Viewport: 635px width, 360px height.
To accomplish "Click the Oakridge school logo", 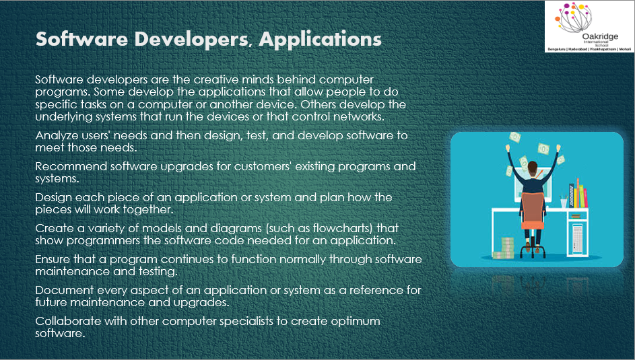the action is coord(589,27).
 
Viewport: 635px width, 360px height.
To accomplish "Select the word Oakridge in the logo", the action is coord(600,36).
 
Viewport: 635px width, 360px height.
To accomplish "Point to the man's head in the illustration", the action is coord(533,167).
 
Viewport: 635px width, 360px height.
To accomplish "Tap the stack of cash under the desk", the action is coord(504,248).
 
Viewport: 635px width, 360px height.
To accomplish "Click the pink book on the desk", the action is coord(586,197).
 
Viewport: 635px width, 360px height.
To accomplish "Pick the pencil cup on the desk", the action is coord(564,202).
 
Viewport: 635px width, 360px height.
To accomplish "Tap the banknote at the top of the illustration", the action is coord(515,137).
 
